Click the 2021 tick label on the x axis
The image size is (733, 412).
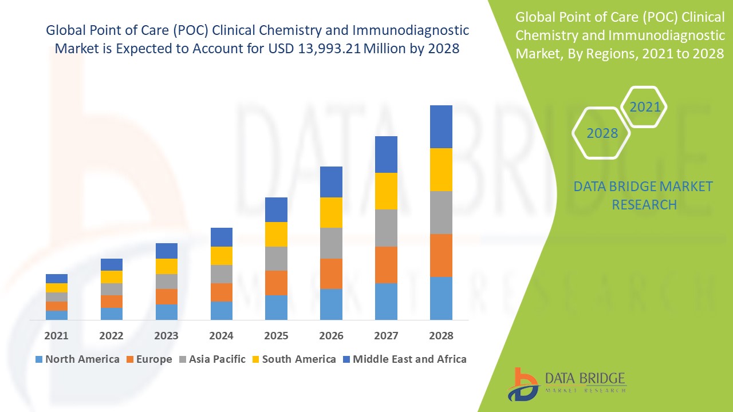tap(57, 335)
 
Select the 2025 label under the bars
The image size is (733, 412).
tap(276, 335)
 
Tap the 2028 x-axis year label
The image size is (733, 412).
tap(441, 335)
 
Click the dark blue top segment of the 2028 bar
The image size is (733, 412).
tap(441, 126)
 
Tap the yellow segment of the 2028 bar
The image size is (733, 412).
tap(441, 169)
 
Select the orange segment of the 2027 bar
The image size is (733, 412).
tap(386, 264)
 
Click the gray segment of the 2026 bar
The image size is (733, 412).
tap(331, 243)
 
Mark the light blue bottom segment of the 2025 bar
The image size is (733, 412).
tap(276, 307)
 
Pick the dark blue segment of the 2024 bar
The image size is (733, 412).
tap(222, 237)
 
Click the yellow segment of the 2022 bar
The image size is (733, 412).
tap(112, 277)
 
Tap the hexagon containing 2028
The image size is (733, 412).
tap(601, 133)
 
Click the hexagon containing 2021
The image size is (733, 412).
tap(644, 107)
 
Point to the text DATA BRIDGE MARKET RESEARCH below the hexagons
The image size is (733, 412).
tap(644, 195)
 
